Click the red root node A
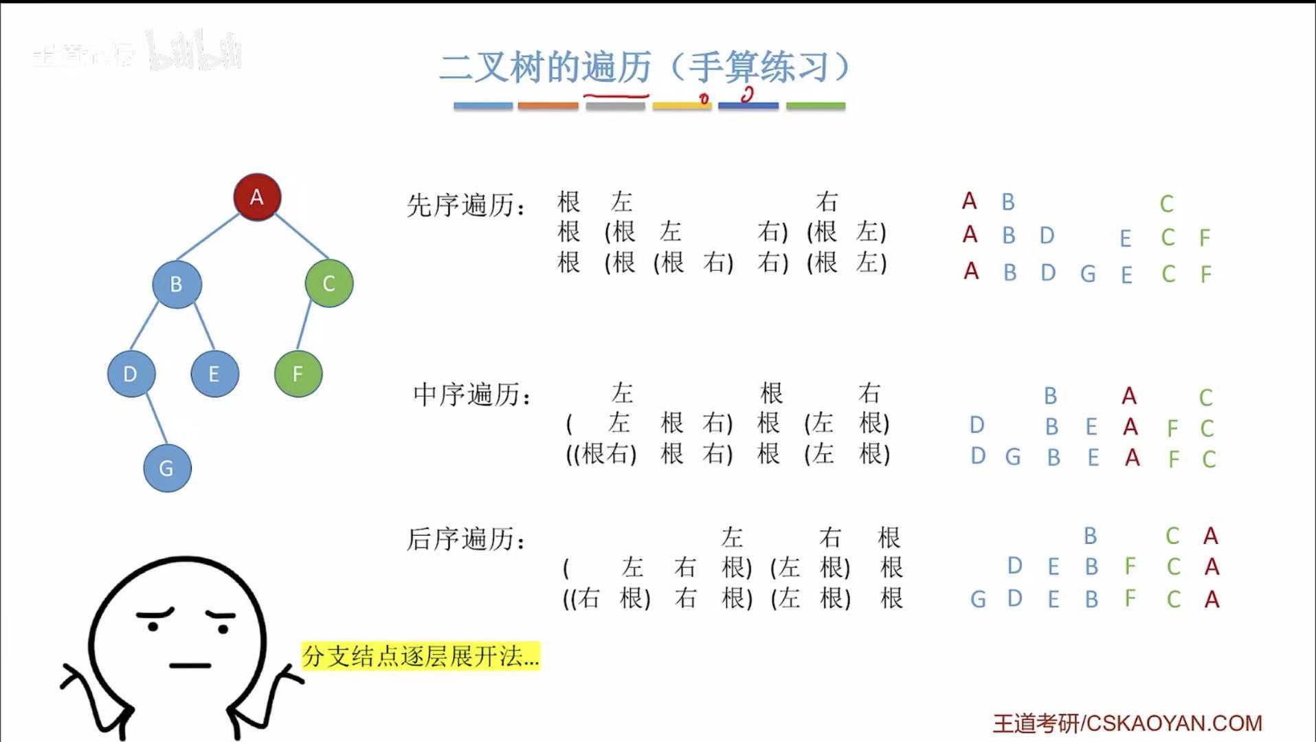coord(257,197)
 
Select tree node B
coord(177,284)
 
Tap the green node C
coord(329,283)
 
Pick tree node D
coord(131,374)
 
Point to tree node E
coord(214,374)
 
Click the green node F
coord(298,374)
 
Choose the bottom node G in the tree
coord(167,468)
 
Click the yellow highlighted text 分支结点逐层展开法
coord(421,656)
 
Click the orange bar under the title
coord(548,106)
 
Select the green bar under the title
coord(816,106)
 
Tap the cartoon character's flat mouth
coord(190,666)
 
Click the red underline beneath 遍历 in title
coord(616,96)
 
